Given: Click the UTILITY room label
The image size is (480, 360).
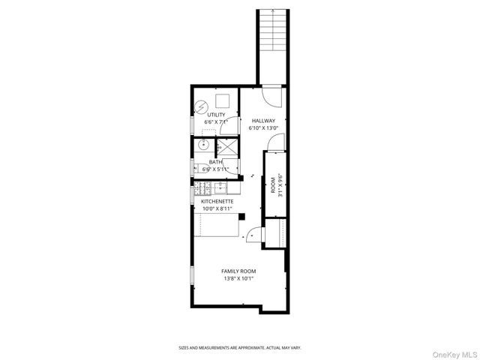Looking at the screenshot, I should click(216, 115).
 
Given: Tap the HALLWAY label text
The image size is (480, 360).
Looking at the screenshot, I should click(263, 121).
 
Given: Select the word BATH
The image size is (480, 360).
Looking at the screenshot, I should click(215, 162).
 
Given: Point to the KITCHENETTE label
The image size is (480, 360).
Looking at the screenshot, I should click(217, 202).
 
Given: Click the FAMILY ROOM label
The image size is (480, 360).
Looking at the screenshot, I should click(238, 271).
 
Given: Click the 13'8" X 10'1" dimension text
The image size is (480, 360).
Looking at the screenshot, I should click(238, 279).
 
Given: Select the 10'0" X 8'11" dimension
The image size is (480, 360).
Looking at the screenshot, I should click(217, 208).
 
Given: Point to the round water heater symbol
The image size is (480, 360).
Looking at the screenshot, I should click(201, 106).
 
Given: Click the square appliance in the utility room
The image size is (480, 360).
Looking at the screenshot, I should click(223, 101).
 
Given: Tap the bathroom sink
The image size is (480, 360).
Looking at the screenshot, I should click(204, 144).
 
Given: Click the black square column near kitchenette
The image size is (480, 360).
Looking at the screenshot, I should click(242, 217).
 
